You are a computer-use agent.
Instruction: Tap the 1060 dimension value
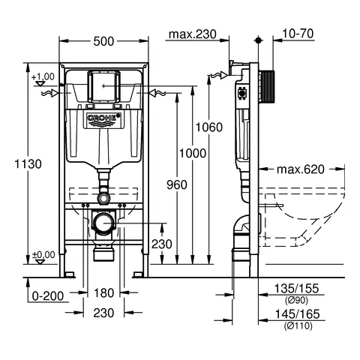(211, 127)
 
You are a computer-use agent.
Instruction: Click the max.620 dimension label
(303, 169)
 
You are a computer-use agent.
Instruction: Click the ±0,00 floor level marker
(43, 255)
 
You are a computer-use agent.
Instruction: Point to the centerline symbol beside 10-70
(257, 37)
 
